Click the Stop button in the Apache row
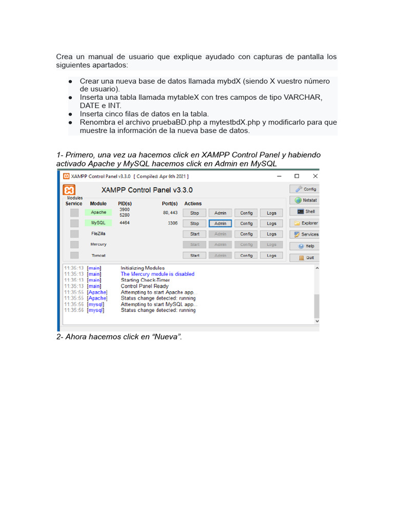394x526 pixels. click(x=194, y=213)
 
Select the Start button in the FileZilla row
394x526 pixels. click(x=194, y=234)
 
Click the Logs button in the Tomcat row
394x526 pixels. click(x=271, y=255)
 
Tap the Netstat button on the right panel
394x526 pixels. click(x=304, y=200)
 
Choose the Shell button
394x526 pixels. click(x=304, y=212)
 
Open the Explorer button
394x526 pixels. click(x=304, y=223)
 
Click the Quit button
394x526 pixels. click(x=304, y=257)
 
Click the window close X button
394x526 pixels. click(x=315, y=176)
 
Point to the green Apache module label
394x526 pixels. click(x=98, y=212)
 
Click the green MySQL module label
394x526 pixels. click(x=98, y=223)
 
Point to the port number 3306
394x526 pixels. click(x=172, y=223)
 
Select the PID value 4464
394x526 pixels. click(x=125, y=223)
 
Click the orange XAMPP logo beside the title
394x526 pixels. click(x=70, y=190)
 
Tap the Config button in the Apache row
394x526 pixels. click(x=246, y=213)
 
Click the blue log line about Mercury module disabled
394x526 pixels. click(x=157, y=274)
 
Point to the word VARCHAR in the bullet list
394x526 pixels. click(x=303, y=98)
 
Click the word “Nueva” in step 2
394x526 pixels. click(x=165, y=337)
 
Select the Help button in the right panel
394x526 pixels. click(x=304, y=246)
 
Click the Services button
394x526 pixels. click(x=304, y=234)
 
